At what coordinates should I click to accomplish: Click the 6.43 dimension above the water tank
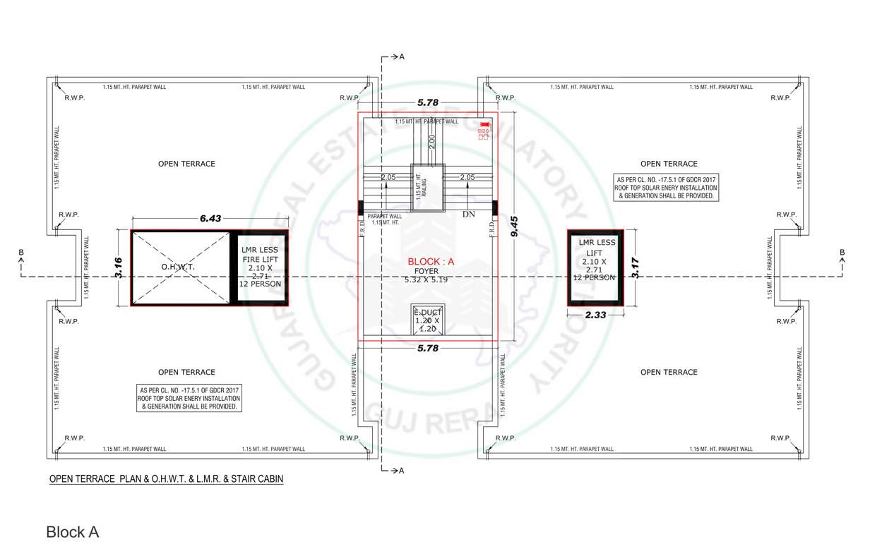pyautogui.click(x=210, y=219)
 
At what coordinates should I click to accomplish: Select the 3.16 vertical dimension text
pyautogui.click(x=119, y=268)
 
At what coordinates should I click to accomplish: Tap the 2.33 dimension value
pyautogui.click(x=596, y=315)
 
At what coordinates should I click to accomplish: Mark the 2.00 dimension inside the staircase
pyautogui.click(x=432, y=141)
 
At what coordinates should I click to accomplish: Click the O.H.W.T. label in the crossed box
pyautogui.click(x=178, y=267)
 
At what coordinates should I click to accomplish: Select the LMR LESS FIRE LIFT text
pyautogui.click(x=260, y=255)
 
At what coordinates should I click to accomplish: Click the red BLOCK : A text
pyautogui.click(x=431, y=261)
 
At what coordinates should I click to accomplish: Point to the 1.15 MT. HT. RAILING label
pyautogui.click(x=422, y=186)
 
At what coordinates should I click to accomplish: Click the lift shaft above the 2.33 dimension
pyautogui.click(x=596, y=267)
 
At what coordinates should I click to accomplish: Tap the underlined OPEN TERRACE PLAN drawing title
pyautogui.click(x=166, y=480)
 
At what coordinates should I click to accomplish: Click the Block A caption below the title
pyautogui.click(x=72, y=532)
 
